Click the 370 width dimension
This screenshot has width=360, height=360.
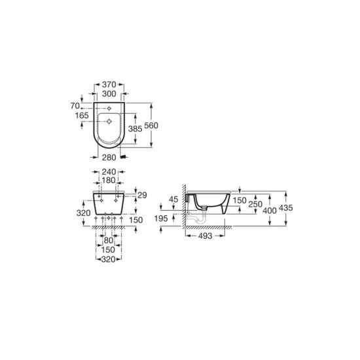pos(109,84)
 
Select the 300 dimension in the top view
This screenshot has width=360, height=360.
pos(109,94)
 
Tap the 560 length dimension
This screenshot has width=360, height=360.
pos(151,126)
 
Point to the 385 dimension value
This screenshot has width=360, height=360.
pos(135,128)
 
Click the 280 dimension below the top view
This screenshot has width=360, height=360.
pos(109,158)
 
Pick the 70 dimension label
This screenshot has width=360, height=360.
pos(75,106)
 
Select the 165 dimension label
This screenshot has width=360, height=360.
pos(82,115)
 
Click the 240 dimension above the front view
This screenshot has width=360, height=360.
pos(109,171)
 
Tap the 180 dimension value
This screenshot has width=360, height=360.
pos(109,181)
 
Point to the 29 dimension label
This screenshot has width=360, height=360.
pos(142,195)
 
